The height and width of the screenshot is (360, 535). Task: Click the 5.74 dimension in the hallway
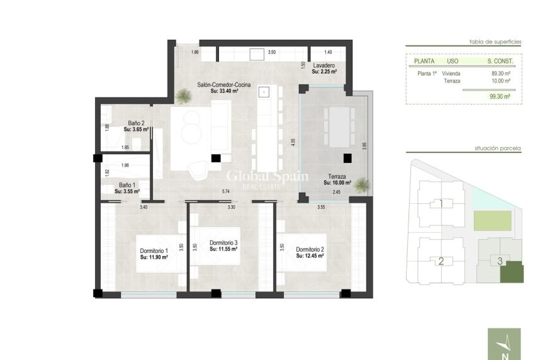(225, 191)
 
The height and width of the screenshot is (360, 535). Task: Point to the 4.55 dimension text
(293, 142)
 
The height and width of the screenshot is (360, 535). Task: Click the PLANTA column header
(423, 62)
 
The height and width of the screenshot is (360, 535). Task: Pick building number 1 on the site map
(441, 204)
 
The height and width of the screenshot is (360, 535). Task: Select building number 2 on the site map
(441, 261)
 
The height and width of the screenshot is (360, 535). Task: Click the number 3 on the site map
(499, 261)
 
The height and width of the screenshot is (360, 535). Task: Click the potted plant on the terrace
(362, 184)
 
